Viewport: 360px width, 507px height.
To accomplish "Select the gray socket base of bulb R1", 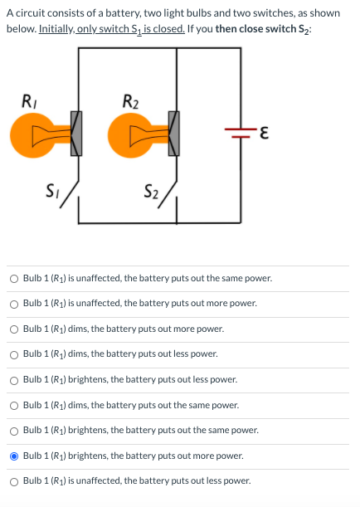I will [x=75, y=134].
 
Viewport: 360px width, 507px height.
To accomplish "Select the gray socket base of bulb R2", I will [x=173, y=134].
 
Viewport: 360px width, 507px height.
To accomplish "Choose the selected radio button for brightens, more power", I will [x=14, y=456].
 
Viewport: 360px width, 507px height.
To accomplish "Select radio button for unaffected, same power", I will [x=14, y=278].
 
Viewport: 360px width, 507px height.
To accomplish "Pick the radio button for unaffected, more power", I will [x=14, y=304].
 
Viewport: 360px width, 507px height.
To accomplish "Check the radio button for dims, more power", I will [x=14, y=329].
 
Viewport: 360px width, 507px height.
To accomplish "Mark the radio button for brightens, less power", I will [x=14, y=379].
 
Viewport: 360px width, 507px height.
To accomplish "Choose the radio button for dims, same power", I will [x=14, y=405].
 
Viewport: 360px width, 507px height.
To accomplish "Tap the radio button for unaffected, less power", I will [x=14, y=480].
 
